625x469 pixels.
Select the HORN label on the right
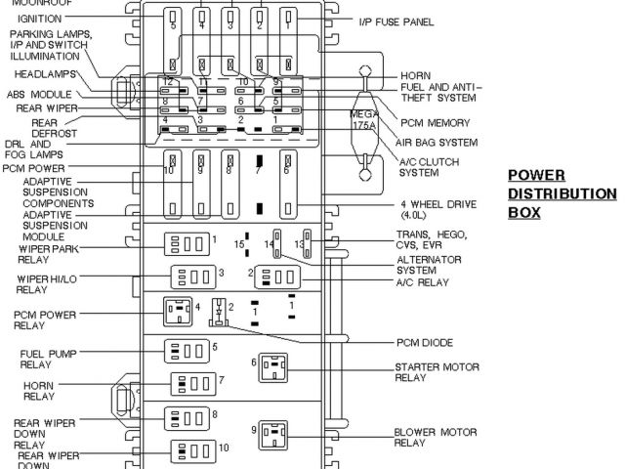coord(414,76)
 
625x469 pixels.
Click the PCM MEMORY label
coord(435,123)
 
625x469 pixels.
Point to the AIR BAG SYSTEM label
coord(437,142)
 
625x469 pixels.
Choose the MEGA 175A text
coord(363,119)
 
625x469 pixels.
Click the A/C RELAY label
coord(422,282)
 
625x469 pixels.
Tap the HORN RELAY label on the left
coord(39,392)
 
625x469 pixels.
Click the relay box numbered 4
coord(179,313)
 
